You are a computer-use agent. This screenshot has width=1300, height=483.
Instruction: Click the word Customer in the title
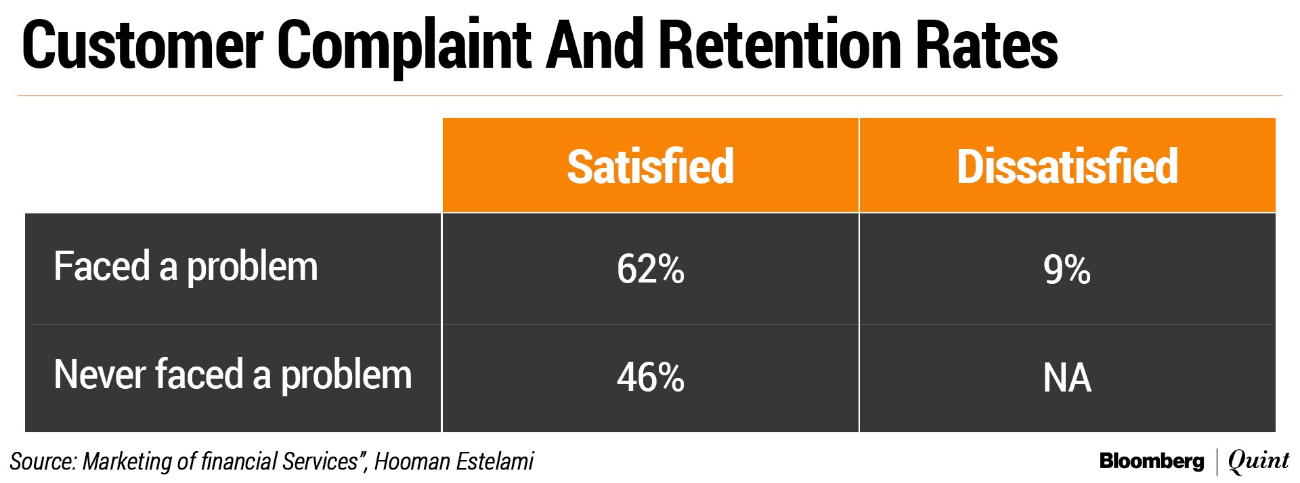point(143,46)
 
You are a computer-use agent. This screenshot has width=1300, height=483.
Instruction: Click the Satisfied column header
point(651,166)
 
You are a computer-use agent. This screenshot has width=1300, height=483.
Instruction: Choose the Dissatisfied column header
point(1068,166)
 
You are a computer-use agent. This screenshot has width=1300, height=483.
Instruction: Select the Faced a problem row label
point(186,268)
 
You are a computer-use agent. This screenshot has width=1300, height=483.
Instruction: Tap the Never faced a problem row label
point(233,376)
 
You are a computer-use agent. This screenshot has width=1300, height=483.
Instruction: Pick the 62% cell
point(651,269)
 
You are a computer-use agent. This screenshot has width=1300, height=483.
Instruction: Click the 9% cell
point(1067,269)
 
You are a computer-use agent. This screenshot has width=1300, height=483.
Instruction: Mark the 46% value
point(651,377)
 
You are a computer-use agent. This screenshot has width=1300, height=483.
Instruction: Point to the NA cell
point(1067,378)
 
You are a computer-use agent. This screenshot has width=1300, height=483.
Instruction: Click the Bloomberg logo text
point(1152,461)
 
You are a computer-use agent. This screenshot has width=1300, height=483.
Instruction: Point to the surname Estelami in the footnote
point(496,461)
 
